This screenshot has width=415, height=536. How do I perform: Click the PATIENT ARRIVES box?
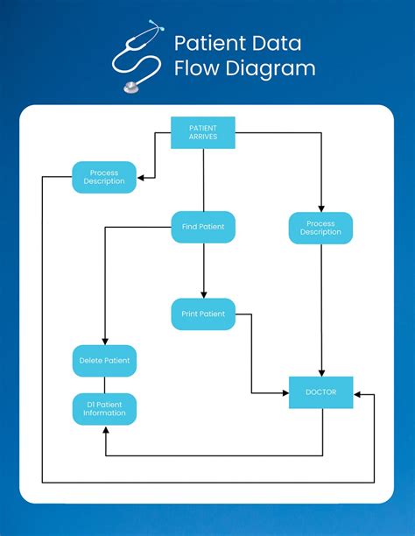point(203,132)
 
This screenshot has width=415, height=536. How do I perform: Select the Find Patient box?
point(203,227)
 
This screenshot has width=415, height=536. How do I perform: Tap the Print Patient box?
point(203,314)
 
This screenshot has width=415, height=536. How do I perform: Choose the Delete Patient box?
point(104,360)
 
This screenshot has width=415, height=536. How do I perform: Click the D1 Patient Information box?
point(104,408)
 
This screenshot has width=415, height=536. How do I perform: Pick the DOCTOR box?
point(321,392)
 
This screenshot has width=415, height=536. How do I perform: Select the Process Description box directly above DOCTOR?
point(320,228)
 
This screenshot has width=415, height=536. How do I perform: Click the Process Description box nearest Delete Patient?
point(104,177)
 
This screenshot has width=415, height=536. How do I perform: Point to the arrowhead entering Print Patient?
point(203,294)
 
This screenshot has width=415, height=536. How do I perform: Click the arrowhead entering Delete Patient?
point(104,342)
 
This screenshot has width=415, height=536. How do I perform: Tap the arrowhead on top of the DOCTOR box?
point(321,373)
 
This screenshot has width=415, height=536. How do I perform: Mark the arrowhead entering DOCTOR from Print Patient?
point(285,392)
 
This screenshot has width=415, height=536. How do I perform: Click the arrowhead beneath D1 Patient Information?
point(104,429)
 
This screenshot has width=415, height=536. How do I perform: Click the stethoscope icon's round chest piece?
point(132,87)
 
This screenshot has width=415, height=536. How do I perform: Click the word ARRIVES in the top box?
point(203,138)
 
